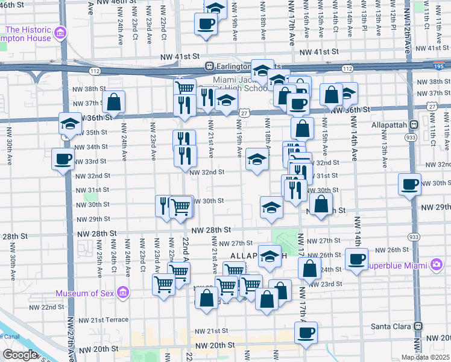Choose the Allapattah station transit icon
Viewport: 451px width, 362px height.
point(414,125)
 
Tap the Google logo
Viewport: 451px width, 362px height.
point(19,355)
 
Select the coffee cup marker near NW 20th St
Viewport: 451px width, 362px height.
point(306,332)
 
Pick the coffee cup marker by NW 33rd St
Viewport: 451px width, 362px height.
point(63,160)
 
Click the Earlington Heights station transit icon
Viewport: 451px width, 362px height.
point(209,66)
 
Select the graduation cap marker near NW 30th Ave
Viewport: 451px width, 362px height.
point(70,124)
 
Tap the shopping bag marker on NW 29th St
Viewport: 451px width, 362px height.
point(322,205)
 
